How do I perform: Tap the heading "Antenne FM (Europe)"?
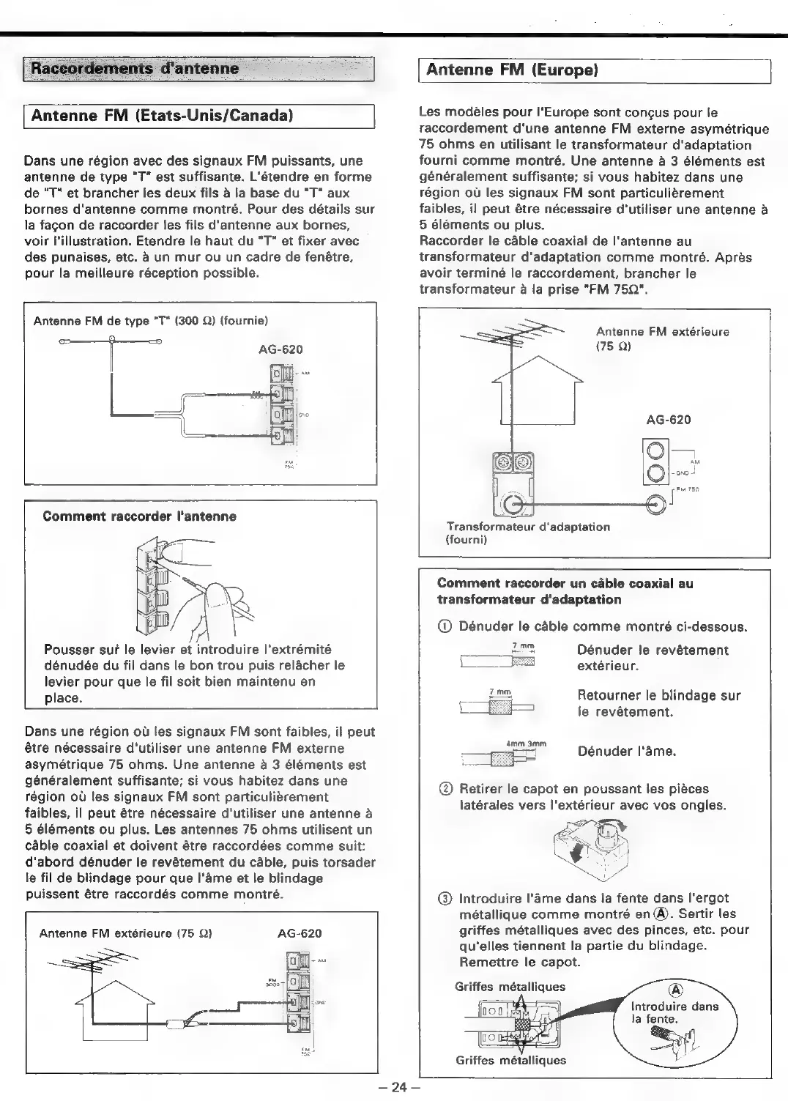[513, 70]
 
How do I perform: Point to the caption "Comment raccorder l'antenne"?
[139, 516]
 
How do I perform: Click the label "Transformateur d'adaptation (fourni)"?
[528, 533]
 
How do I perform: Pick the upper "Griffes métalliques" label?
[510, 987]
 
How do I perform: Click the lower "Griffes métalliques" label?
[510, 1060]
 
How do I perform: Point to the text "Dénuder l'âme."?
[626, 752]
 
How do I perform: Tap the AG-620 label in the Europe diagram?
[668, 420]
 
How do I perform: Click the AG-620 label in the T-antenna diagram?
[280, 349]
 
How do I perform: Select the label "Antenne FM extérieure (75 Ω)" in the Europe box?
[662, 338]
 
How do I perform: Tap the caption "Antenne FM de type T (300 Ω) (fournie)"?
[151, 321]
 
